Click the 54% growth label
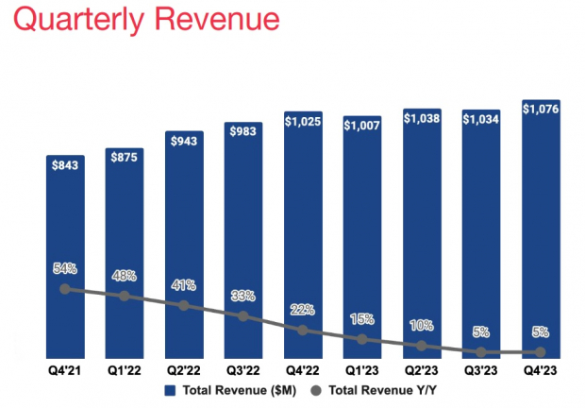tap(64, 269)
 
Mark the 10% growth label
tap(421, 326)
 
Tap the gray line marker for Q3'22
tap(242, 316)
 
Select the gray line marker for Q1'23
tap(361, 338)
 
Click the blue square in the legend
tap(171, 389)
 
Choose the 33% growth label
tap(242, 297)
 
